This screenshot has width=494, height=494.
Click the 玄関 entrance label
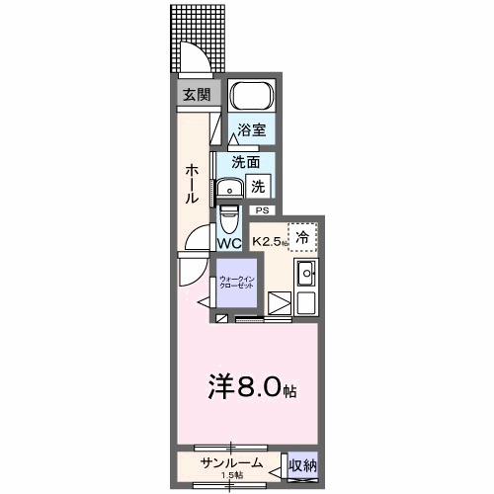(196, 95)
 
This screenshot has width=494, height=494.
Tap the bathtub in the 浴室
(251, 98)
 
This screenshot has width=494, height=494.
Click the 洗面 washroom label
(246, 162)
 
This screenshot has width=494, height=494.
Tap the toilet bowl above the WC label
(229, 216)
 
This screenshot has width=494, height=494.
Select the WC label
(229, 243)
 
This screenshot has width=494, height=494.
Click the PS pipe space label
(262, 210)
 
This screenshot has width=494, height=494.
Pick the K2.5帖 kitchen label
(269, 240)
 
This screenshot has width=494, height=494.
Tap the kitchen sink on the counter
(305, 273)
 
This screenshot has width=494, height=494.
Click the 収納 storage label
(303, 464)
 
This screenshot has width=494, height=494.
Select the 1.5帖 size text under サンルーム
(230, 476)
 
